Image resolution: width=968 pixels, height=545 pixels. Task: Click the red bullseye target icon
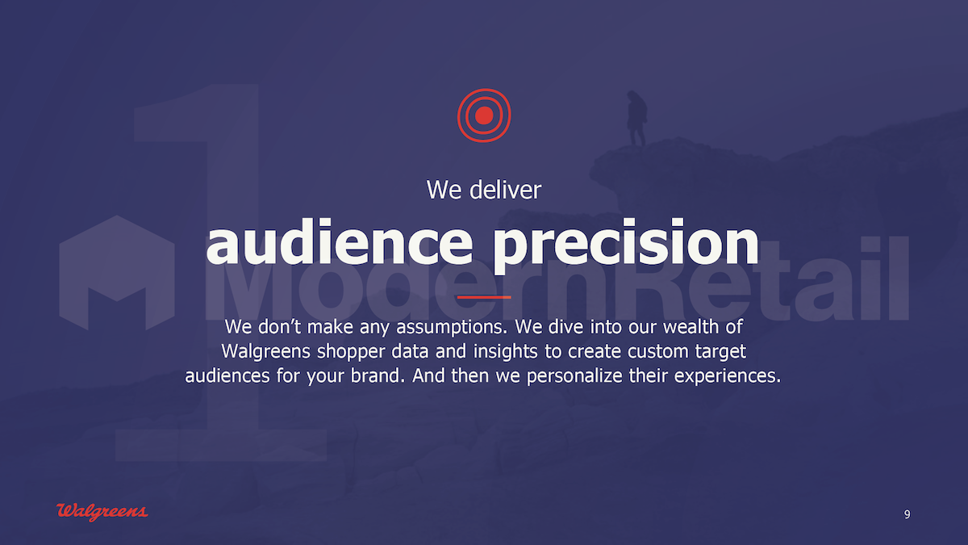click(484, 115)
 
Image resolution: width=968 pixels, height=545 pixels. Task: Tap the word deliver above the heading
click(505, 190)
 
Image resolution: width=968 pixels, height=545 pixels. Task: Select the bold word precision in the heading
click(626, 245)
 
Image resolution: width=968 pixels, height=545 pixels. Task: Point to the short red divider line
click(484, 297)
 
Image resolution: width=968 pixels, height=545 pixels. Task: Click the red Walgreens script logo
click(102, 512)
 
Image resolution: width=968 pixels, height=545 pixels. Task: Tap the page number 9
click(907, 514)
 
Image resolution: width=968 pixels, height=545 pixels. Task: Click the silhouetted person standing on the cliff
click(637, 118)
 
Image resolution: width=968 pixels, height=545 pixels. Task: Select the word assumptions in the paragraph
click(452, 328)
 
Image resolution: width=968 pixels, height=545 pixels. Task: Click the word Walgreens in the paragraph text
click(265, 352)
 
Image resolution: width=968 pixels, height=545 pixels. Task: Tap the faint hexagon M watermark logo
click(117, 274)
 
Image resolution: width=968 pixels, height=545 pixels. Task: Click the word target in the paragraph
click(720, 353)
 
